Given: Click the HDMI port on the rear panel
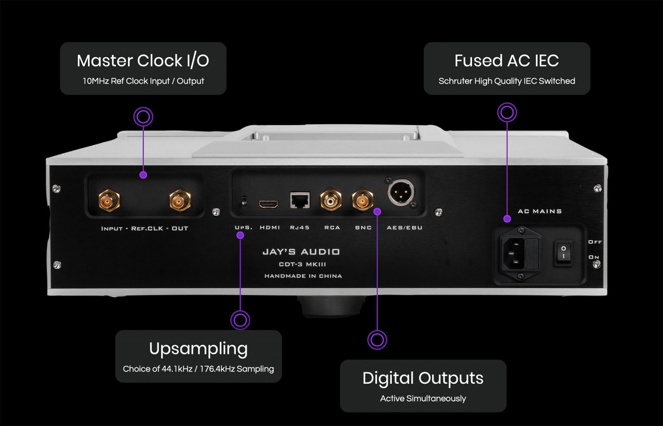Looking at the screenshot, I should click(x=268, y=203).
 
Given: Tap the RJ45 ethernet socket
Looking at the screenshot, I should click(x=300, y=200).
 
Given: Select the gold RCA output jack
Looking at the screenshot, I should click(x=331, y=200).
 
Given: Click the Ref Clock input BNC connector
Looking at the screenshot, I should click(x=109, y=200).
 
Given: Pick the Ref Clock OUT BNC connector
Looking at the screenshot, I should click(x=180, y=200).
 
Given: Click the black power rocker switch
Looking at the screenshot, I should click(x=563, y=253).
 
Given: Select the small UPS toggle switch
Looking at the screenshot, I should click(x=244, y=201).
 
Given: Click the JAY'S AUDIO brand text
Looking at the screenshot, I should click(x=301, y=252).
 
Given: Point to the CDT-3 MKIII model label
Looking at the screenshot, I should click(x=302, y=264).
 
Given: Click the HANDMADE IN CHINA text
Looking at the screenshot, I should click(x=303, y=276).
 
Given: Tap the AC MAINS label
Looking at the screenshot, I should click(x=540, y=211).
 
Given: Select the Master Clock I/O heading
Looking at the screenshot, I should click(x=143, y=61).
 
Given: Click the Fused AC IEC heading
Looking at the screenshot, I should click(x=506, y=61).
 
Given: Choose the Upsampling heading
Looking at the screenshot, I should click(x=198, y=349).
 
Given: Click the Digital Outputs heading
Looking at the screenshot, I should click(x=423, y=378).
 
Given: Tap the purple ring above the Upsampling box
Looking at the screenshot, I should click(x=240, y=320).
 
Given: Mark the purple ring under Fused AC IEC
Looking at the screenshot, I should click(x=507, y=113).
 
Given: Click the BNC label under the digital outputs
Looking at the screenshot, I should click(x=363, y=228).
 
